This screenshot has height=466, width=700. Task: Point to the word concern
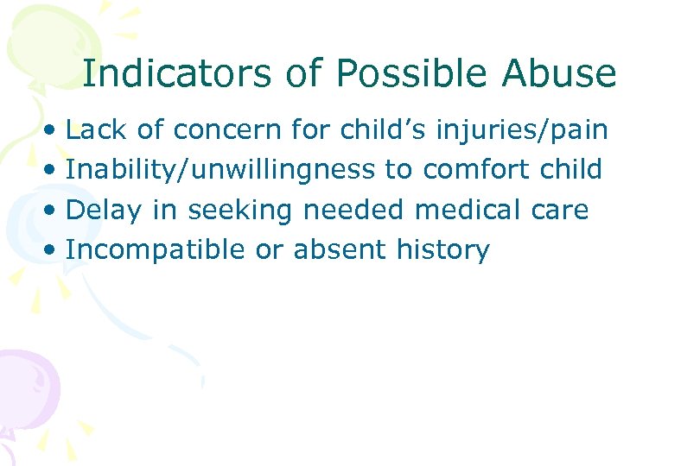pyautogui.click(x=226, y=130)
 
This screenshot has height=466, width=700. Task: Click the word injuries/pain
pyautogui.click(x=522, y=130)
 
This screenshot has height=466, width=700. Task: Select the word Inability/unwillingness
pyautogui.click(x=220, y=170)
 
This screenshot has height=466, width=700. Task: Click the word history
pyautogui.click(x=443, y=250)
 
